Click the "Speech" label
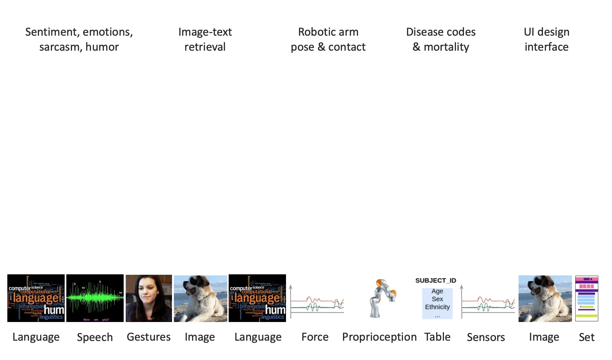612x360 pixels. [x=95, y=337]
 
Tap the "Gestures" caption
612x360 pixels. [x=149, y=337]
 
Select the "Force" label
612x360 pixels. [x=315, y=337]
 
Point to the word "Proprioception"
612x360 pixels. [x=379, y=337]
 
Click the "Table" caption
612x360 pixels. [x=437, y=337]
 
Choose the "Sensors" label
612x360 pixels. [x=486, y=337]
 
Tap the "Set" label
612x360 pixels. [x=587, y=337]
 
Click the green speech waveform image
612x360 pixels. [x=95, y=298]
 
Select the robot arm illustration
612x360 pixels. [x=382, y=298]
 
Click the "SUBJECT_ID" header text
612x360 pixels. [x=436, y=280]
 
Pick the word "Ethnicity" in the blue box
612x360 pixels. [x=437, y=307]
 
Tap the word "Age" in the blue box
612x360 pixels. [x=437, y=291]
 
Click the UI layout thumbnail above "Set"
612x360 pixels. [x=587, y=298]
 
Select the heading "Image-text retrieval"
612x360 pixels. [x=205, y=39]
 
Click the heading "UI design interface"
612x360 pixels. [x=546, y=39]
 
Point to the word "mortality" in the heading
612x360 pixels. [x=446, y=47]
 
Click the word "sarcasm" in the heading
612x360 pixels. [x=60, y=47]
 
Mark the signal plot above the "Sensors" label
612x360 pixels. [x=488, y=302]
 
